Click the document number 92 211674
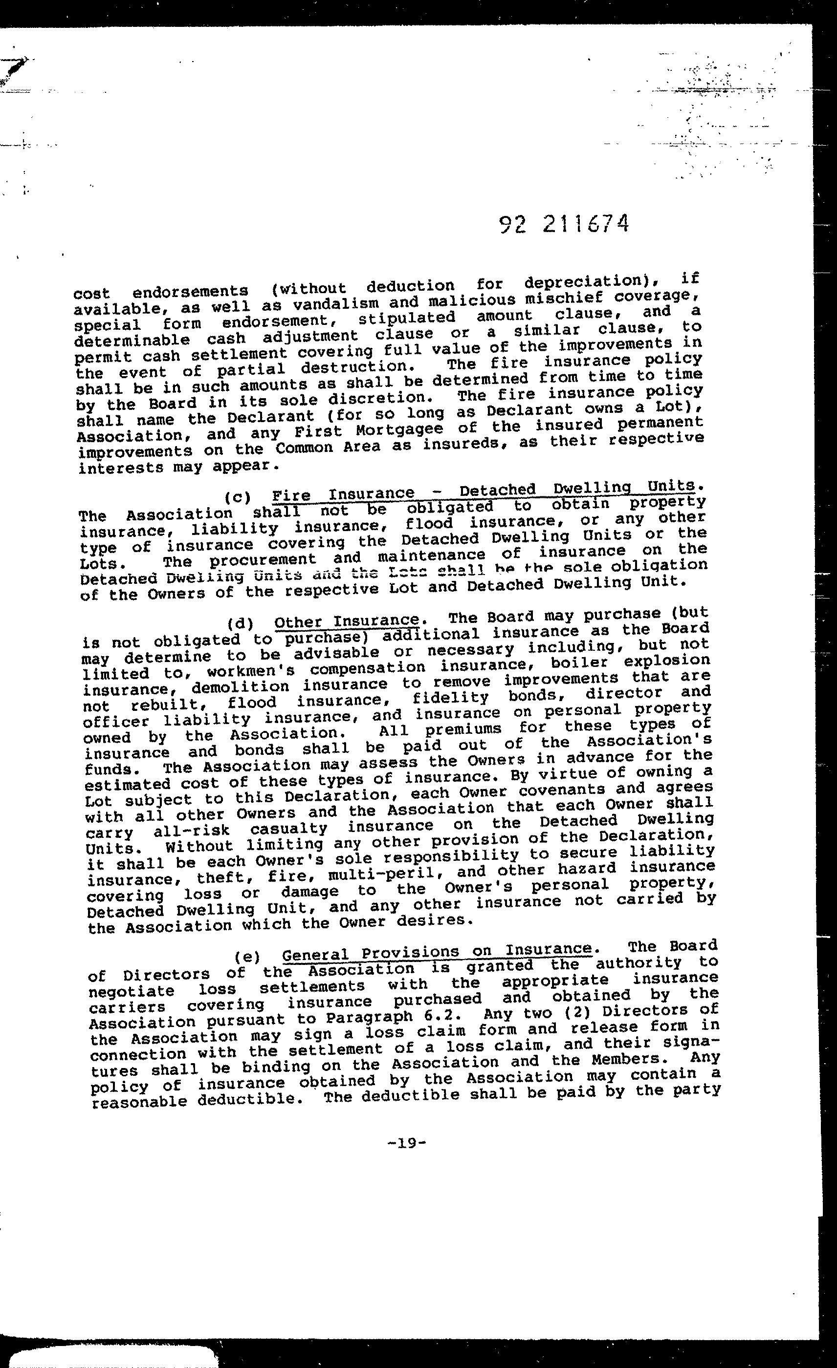(564, 224)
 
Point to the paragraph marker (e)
(247, 956)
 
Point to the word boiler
(579, 663)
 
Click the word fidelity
(450, 697)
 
